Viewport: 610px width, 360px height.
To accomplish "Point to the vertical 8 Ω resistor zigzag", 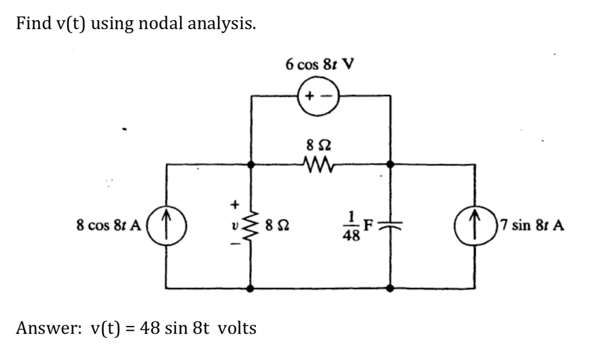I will click(250, 226).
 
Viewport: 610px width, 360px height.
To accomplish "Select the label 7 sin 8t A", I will click(532, 226).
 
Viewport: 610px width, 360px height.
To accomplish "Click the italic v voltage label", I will click(235, 226).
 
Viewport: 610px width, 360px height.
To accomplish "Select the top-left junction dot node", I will click(250, 163).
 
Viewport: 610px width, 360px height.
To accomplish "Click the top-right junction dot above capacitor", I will click(390, 163).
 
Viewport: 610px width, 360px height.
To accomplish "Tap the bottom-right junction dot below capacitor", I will click(390, 288).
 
